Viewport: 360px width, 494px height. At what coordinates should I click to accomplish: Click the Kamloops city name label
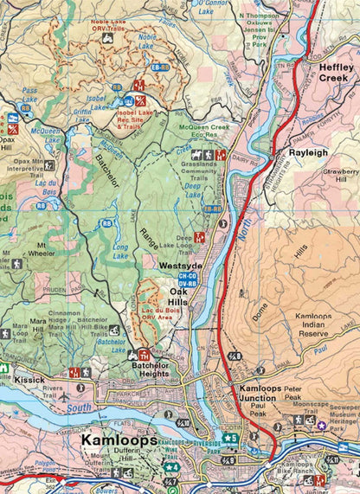pyautogui.click(x=119, y=439)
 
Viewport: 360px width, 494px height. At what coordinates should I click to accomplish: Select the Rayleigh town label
pyautogui.click(x=309, y=151)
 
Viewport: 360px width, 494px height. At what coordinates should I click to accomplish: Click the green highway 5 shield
pyautogui.click(x=229, y=439)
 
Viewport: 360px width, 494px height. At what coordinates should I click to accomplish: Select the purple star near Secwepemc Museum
pyautogui.click(x=321, y=425)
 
